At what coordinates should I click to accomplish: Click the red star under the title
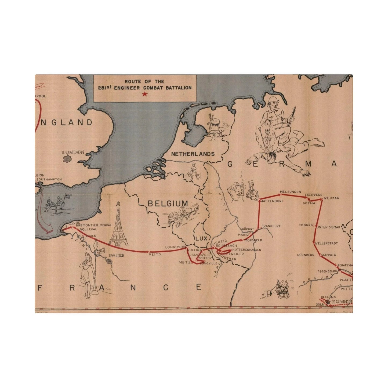(145, 94)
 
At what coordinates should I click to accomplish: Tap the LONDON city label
(73, 152)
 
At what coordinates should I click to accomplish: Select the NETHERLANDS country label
(193, 154)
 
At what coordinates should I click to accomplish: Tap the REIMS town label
(155, 254)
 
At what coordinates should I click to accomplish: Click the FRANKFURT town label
(271, 226)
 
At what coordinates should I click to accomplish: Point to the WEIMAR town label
(332, 198)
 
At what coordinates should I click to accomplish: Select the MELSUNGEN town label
(290, 192)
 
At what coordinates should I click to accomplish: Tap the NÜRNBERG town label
(305, 255)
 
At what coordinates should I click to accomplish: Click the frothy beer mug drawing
(284, 291)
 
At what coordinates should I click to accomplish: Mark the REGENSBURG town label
(327, 271)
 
